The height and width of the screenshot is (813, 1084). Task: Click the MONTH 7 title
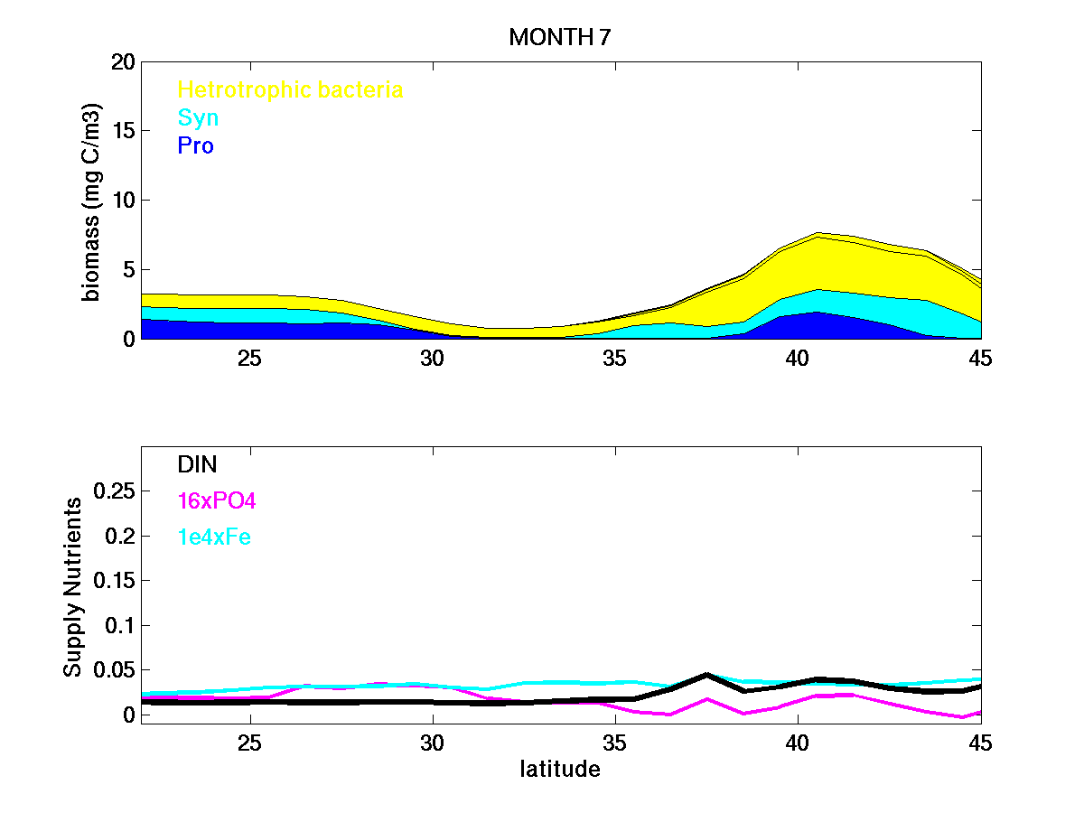click(560, 37)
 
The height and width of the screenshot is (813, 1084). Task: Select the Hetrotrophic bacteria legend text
click(290, 89)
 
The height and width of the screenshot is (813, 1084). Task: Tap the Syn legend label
click(198, 117)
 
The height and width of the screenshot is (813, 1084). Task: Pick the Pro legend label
click(195, 145)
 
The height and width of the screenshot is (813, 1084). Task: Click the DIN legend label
click(197, 464)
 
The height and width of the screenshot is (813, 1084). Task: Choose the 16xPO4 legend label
click(217, 500)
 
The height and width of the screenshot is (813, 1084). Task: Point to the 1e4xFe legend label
click(214, 537)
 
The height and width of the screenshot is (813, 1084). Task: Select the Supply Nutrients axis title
click(72, 586)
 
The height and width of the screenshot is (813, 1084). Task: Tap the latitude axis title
click(560, 770)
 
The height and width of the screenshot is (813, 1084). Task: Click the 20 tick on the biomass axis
click(124, 62)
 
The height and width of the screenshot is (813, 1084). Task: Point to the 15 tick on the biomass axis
click(124, 131)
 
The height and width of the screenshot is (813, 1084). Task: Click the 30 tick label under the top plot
click(433, 358)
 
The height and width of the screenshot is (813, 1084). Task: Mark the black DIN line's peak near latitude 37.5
click(707, 675)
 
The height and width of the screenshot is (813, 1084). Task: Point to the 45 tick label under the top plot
click(979, 358)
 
